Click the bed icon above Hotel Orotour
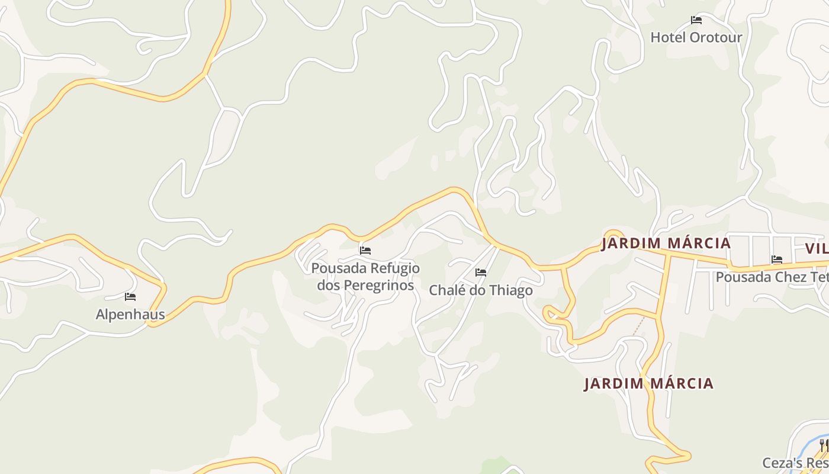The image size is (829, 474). (x=696, y=20)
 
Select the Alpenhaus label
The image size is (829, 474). (x=130, y=314)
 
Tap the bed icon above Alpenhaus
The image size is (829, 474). (x=130, y=296)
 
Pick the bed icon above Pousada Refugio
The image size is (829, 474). (x=365, y=251)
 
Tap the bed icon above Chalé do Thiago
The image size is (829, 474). (x=481, y=273)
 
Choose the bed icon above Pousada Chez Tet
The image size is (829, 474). (x=777, y=260)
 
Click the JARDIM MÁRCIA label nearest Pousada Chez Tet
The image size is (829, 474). (x=666, y=244)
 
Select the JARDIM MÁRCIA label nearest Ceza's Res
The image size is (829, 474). (x=648, y=383)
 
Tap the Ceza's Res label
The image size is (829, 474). (x=795, y=463)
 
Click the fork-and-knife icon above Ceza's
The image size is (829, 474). (x=824, y=445)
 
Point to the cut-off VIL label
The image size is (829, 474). (x=817, y=248)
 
